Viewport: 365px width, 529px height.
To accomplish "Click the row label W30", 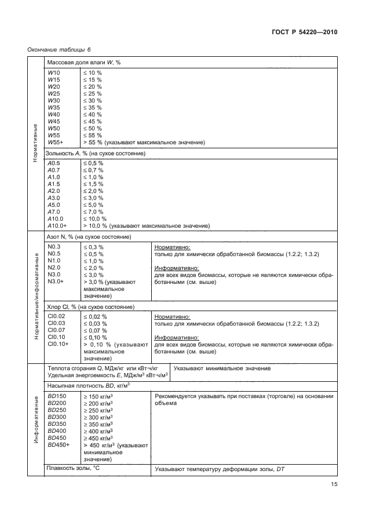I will point(54,101).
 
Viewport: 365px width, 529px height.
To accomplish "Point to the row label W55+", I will point(56,143).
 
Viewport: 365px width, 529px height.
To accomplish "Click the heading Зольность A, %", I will point(96,154).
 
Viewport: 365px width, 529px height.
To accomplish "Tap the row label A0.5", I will point(54,163).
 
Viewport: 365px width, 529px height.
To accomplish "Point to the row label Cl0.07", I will point(56,330).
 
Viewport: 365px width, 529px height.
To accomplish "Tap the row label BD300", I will point(57,417).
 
